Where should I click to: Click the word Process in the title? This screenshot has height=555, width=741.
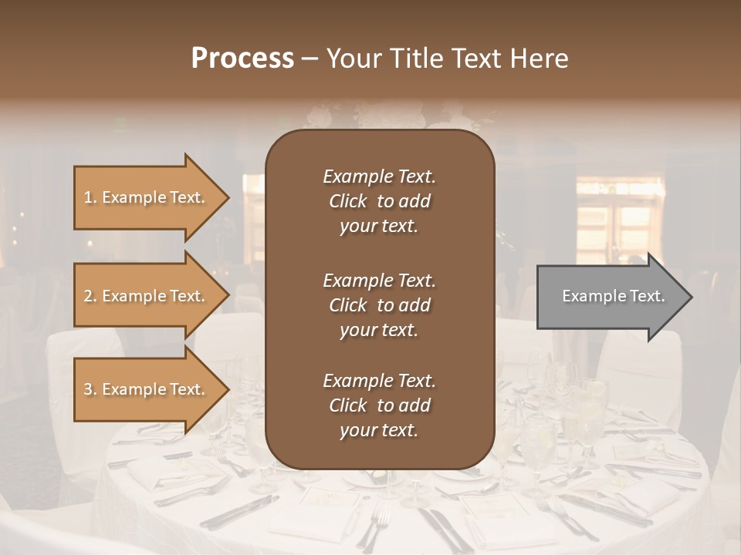point(242,59)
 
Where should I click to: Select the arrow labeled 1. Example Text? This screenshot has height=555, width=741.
point(147,197)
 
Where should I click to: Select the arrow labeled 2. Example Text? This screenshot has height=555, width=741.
point(147,296)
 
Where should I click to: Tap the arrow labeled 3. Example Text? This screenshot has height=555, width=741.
point(147,389)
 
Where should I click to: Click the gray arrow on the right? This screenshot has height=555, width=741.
point(610,297)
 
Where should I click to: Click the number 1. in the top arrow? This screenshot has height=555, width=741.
point(90,197)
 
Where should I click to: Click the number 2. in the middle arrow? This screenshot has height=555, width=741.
point(90,296)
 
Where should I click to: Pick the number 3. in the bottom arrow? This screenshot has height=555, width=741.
point(90,389)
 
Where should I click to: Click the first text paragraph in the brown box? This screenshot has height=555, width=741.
point(379,201)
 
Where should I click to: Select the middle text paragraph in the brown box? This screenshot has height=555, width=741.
point(379,304)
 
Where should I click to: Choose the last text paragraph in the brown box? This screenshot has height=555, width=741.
point(379,405)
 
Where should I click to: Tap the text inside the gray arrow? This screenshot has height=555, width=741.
point(613,296)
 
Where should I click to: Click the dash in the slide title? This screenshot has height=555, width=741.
point(310,59)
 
